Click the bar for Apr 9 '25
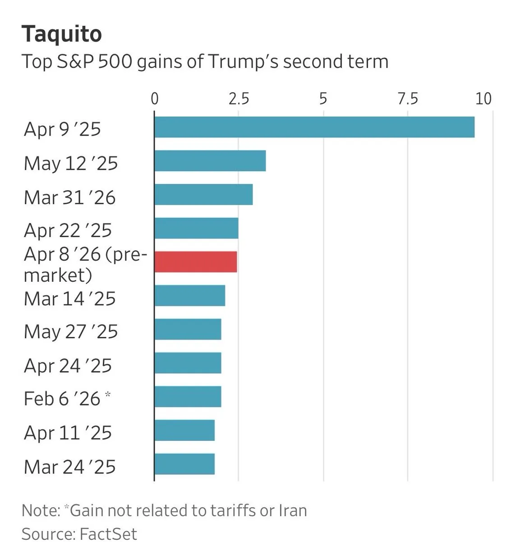[314, 127]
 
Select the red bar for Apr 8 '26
[195, 262]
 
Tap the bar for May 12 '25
[210, 161]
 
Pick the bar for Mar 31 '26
[203, 195]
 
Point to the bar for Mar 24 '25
[184, 464]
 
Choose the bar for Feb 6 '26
[188, 397]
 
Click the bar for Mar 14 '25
[189, 296]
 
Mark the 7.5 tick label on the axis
[408, 98]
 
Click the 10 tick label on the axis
[484, 98]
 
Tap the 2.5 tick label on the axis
[239, 98]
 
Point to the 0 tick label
[155, 98]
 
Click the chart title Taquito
[62, 34]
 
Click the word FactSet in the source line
[108, 533]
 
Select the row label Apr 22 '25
[68, 230]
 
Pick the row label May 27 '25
[71, 332]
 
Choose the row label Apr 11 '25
[68, 433]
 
